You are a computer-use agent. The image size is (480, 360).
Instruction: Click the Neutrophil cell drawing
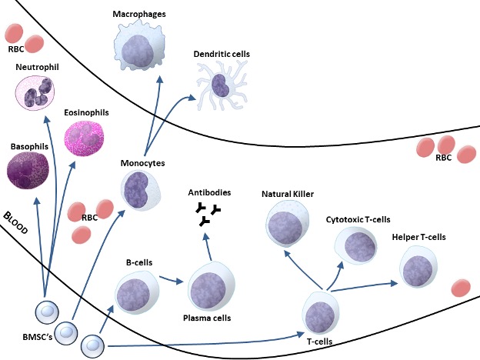(x=36, y=95)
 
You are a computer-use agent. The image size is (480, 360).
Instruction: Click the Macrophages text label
(x=139, y=14)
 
